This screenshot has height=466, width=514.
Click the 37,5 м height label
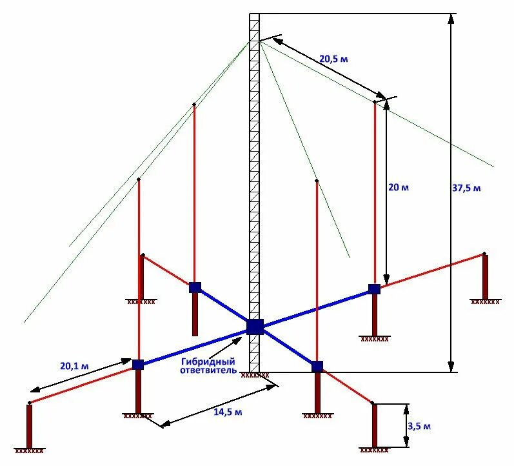click(466, 188)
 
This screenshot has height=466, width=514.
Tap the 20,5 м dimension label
click(333, 59)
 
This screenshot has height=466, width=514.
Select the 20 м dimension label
click(399, 187)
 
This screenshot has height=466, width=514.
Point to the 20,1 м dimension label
click(74, 366)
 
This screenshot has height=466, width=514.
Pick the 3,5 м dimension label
click(419, 426)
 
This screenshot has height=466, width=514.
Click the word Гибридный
click(208, 361)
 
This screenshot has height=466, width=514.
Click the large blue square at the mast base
click(255, 326)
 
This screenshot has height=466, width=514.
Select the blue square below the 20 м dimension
click(373, 289)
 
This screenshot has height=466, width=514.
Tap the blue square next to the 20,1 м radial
click(137, 365)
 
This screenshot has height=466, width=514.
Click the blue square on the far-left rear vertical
click(195, 287)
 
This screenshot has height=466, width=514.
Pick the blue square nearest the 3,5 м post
click(317, 367)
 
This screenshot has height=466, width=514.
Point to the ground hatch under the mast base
click(255, 374)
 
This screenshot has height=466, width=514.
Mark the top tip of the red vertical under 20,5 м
click(375, 101)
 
